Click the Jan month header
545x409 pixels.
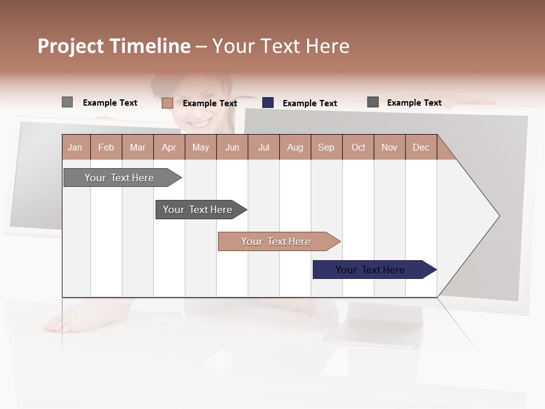tap(75, 147)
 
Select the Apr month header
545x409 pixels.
tap(169, 147)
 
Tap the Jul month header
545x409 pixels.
tap(263, 147)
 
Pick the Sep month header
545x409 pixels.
tap(326, 147)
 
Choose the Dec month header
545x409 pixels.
tap(421, 147)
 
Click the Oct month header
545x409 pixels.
tap(358, 147)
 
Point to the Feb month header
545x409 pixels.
tap(106, 147)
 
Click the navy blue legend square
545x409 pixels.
tap(268, 103)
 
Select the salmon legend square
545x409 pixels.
tap(167, 103)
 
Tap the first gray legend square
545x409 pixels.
tap(67, 102)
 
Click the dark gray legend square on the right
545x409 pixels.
tap(373, 102)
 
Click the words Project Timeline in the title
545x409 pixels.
tap(114, 46)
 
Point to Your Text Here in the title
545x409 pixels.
tap(281, 46)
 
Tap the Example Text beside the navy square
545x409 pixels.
tap(309, 103)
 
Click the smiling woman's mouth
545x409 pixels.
tap(200, 123)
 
